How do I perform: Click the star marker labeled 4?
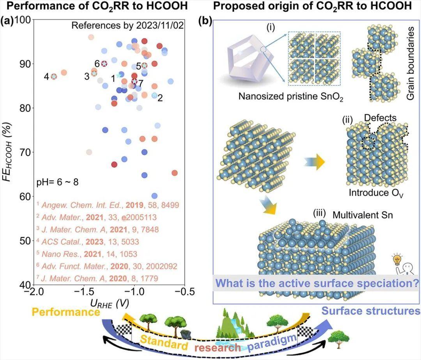click(x=54, y=76)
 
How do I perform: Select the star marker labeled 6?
click(x=104, y=64)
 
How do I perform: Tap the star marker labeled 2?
click(x=155, y=96)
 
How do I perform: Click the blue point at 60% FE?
click(x=154, y=196)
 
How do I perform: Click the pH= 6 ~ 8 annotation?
click(x=57, y=182)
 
